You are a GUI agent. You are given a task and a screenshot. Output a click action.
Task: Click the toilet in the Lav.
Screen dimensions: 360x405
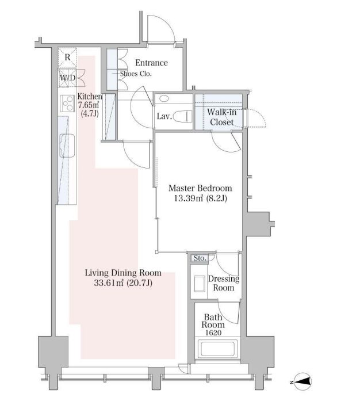(x=183, y=116)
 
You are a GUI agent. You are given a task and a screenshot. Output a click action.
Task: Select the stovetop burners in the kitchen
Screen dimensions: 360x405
(x=67, y=104)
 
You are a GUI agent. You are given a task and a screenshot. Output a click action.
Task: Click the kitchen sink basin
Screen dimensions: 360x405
(x=67, y=146)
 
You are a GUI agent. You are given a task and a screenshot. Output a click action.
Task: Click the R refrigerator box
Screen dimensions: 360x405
(x=67, y=58)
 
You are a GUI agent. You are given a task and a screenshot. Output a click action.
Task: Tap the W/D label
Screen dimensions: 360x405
(x=68, y=78)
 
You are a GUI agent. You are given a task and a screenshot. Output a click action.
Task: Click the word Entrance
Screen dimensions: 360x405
(x=152, y=63)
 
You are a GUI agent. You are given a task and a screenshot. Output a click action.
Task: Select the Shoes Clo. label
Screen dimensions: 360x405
(x=136, y=74)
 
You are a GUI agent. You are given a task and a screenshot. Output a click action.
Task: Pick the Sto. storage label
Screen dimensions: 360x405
(x=200, y=258)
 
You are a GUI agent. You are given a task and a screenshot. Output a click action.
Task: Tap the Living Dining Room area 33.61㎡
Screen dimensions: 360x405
(x=109, y=283)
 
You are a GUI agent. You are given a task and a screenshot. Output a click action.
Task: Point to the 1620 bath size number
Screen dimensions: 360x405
(x=213, y=333)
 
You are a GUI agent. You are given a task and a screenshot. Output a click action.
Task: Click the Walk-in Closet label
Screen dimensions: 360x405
(x=221, y=117)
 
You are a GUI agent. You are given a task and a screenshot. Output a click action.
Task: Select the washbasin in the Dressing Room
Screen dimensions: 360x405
(x=199, y=284)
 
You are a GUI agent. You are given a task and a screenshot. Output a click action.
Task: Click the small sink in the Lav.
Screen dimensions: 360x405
(x=164, y=98)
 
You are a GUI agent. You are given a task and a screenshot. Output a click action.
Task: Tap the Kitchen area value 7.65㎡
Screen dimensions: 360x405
(x=89, y=105)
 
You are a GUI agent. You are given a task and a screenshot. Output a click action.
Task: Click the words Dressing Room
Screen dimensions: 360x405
(x=224, y=284)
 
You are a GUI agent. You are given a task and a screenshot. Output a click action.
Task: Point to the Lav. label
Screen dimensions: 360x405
(x=164, y=116)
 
